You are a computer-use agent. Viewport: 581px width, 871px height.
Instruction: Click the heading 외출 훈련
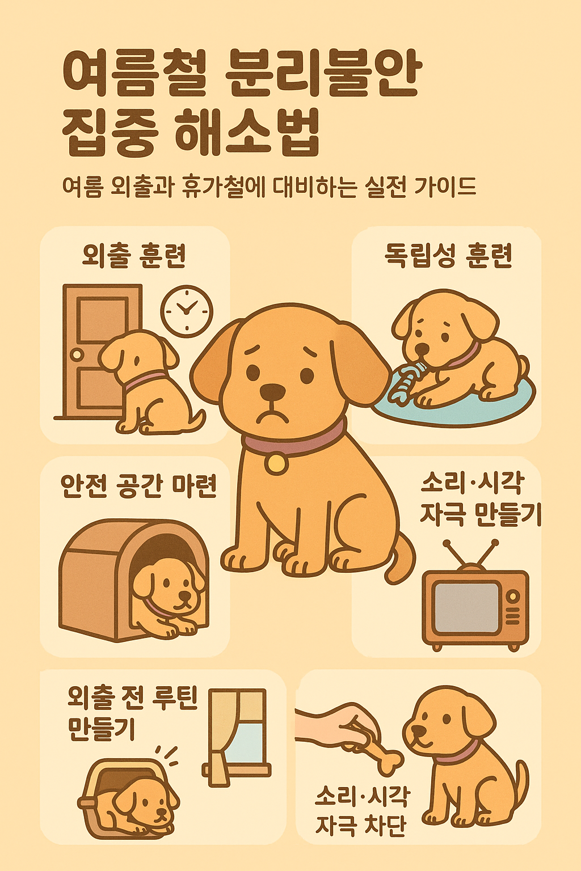(134, 256)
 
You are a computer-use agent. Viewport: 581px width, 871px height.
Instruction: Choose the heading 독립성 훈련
(448, 256)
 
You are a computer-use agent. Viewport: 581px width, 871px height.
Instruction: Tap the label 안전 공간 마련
(138, 486)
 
